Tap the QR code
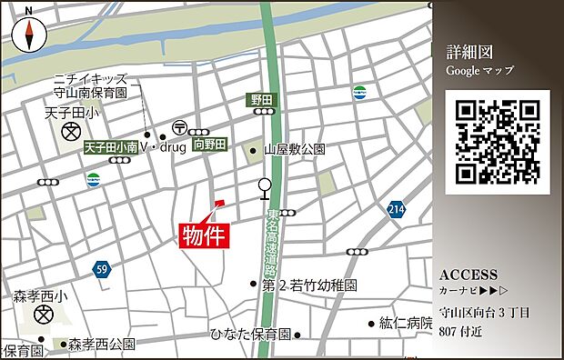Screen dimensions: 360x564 (498, 142)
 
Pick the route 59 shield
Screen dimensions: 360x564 (101, 269)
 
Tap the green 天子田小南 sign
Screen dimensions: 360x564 (111, 146)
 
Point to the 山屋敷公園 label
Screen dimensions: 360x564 (294, 149)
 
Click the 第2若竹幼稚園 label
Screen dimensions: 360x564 (309, 285)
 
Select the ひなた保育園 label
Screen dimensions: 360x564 (249, 334)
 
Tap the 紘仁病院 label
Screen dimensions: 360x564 (405, 323)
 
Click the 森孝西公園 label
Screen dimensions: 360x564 (102, 345)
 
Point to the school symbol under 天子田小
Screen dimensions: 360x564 (70, 133)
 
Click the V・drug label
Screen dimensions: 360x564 (163, 145)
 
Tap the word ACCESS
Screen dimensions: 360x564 (468, 275)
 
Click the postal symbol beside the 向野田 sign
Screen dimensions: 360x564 (179, 127)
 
